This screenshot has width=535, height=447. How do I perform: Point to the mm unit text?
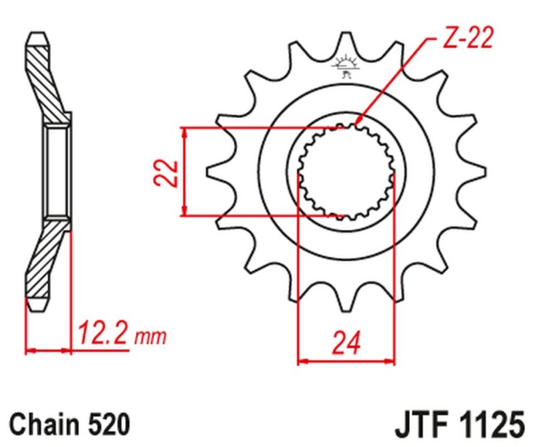click(150, 335)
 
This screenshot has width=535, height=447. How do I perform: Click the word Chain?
click(45, 424)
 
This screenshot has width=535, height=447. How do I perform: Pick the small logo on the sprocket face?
click(345, 66)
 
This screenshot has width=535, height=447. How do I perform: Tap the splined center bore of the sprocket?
click(345, 173)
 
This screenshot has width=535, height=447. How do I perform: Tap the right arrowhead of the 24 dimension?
click(390, 361)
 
